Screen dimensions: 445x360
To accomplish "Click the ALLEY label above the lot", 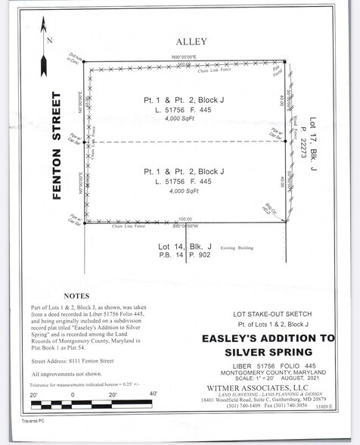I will pos(186,42).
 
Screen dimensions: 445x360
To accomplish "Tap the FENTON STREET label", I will pos(56,146).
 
